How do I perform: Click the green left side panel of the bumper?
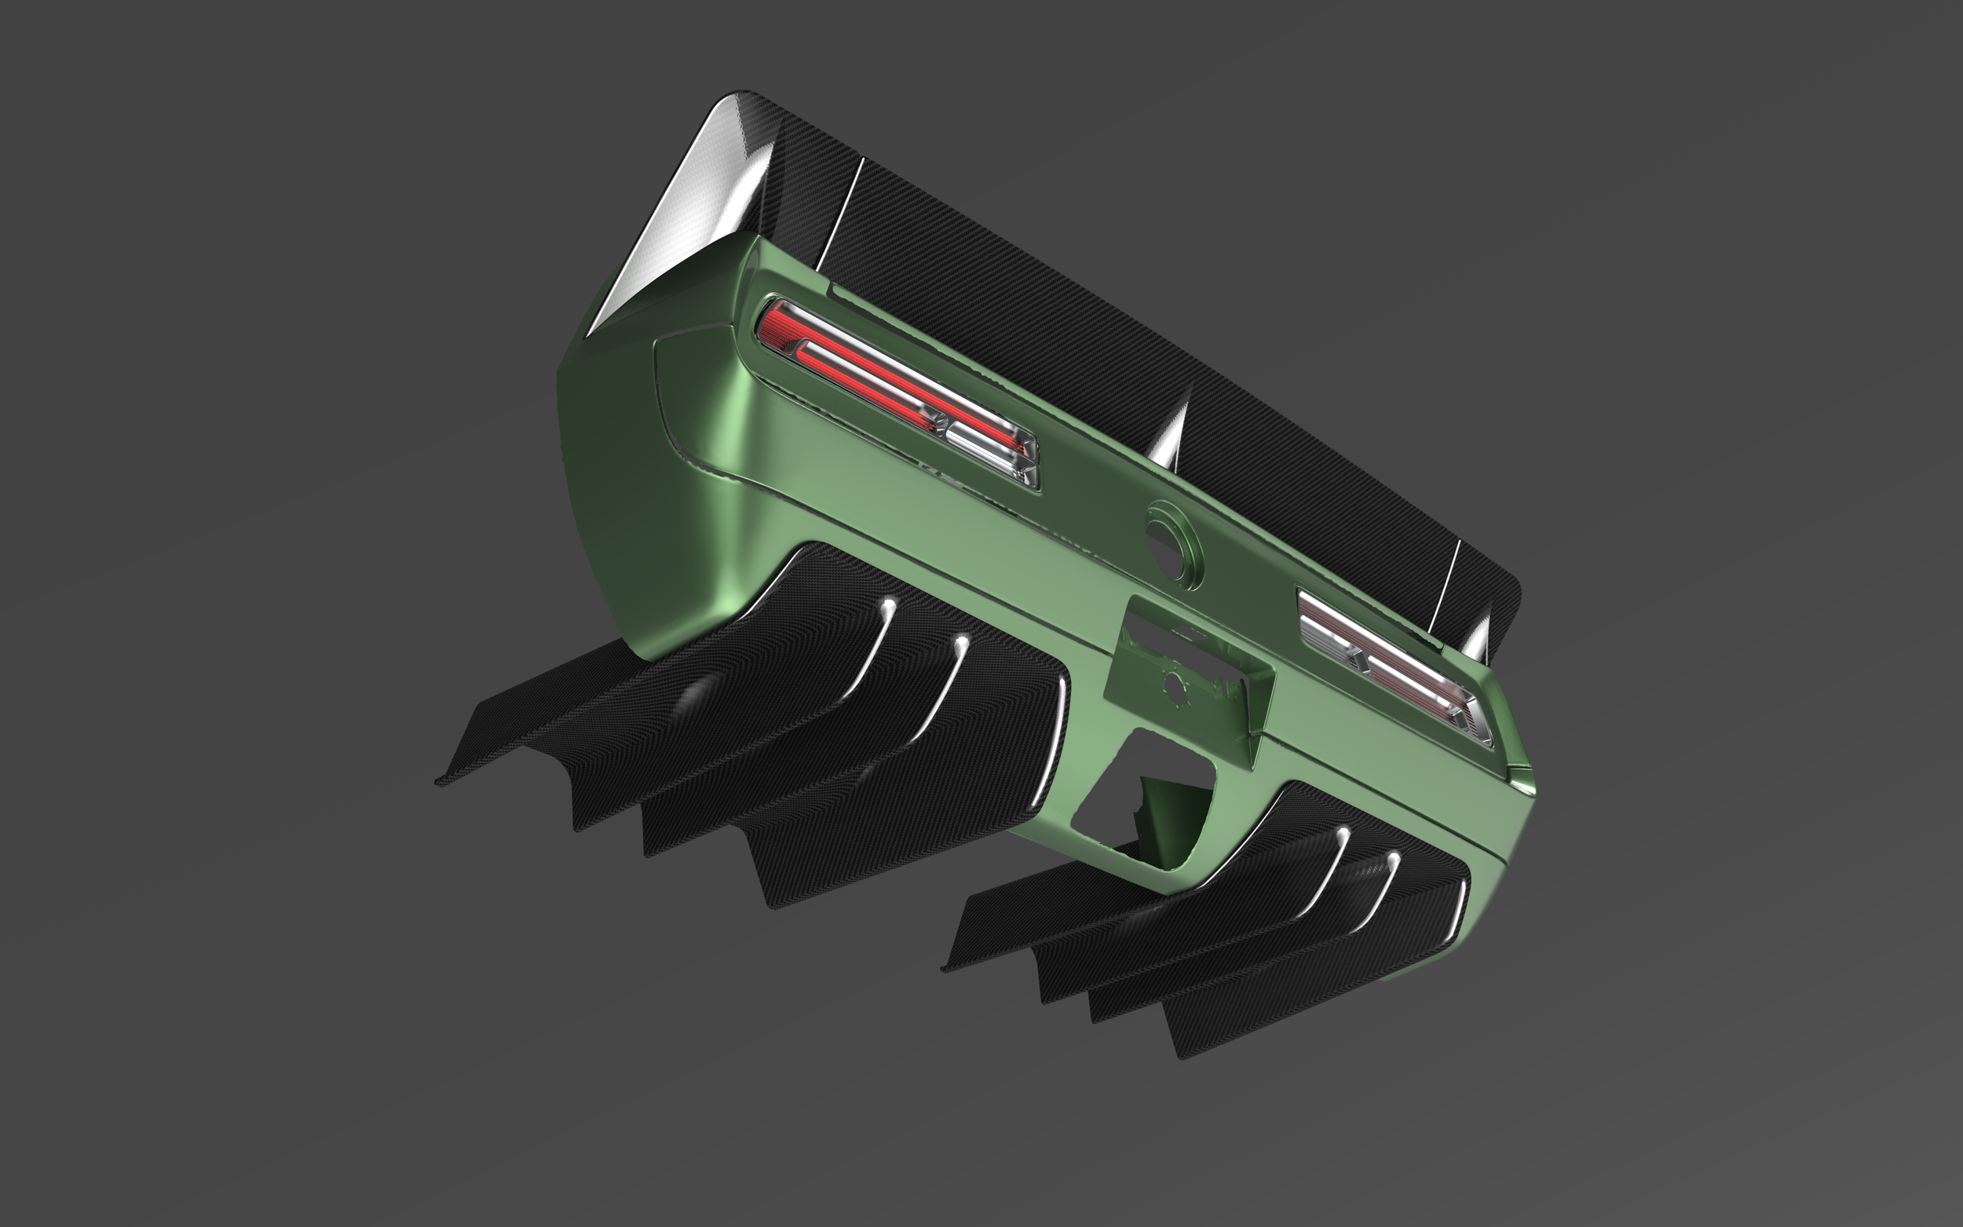[x=616, y=455]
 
